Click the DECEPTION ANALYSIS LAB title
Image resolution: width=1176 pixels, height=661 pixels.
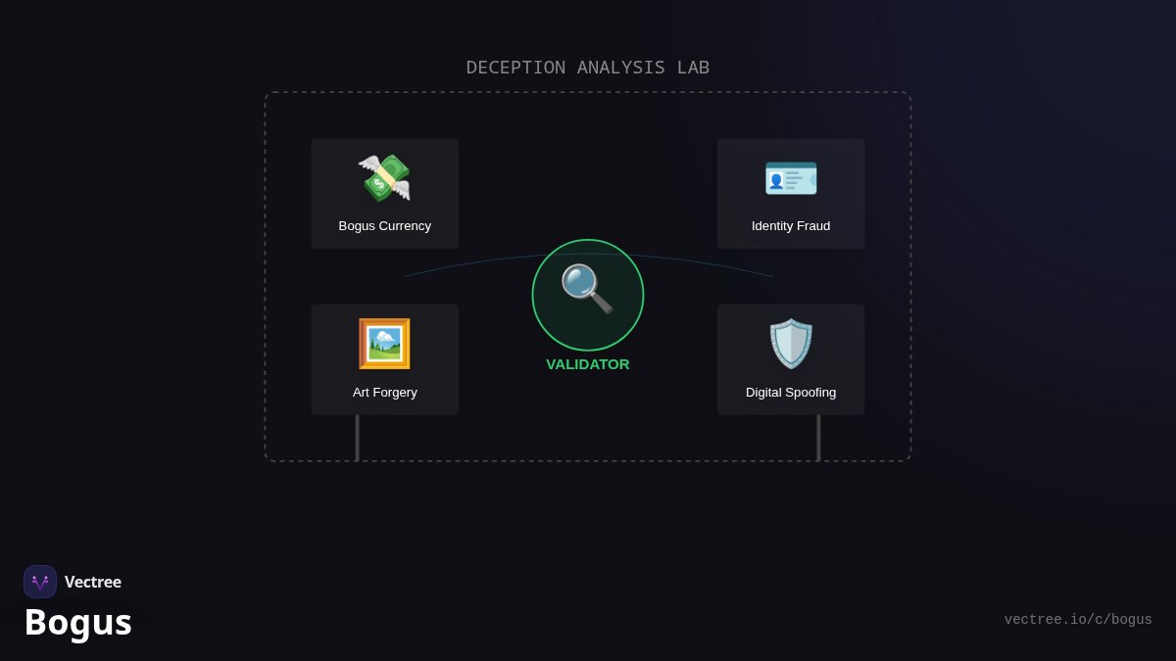coord(587,68)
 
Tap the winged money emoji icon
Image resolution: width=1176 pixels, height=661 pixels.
coord(384,178)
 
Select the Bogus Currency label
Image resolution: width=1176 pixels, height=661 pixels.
coord(385,226)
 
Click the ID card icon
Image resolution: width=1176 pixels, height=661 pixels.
coord(791,178)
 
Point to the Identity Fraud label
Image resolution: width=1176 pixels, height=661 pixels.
coord(791,226)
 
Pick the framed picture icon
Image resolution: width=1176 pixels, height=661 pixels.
coord(384,344)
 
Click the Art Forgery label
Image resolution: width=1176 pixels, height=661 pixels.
coord(385,393)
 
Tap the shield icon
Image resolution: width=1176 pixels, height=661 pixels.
coord(791,344)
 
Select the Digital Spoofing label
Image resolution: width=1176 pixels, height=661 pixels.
coord(791,393)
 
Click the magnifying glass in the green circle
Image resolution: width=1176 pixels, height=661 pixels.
coord(587,289)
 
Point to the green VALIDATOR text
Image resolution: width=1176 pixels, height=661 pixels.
coord(587,364)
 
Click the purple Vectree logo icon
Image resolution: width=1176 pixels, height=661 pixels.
coord(40,582)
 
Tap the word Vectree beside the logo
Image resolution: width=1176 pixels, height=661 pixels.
coord(93,582)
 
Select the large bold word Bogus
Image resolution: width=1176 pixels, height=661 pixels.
coord(78,623)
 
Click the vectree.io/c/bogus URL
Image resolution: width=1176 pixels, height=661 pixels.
coord(1078,620)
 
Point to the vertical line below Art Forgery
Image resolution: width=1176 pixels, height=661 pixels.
coord(357,438)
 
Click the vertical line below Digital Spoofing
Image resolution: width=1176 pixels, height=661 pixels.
coord(818,438)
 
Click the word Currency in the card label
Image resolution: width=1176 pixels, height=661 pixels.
coord(406,226)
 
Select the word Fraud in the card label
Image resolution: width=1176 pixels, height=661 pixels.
coord(814,226)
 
